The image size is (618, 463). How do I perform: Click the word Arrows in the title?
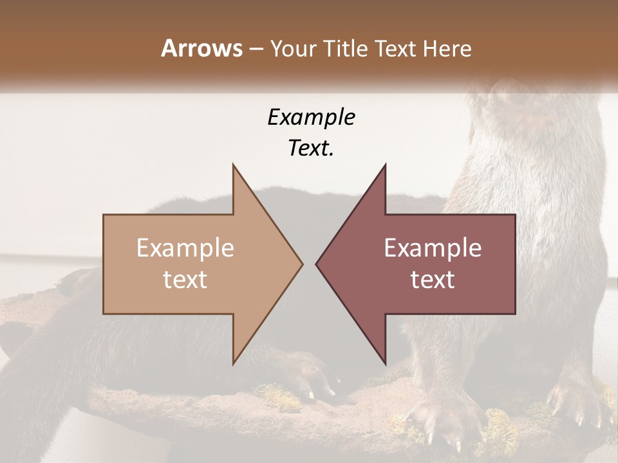[x=202, y=48]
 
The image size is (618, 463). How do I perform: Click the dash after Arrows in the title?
[x=256, y=50]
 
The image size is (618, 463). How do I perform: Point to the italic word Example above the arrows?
[x=311, y=118]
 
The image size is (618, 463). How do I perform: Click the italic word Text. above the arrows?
[x=311, y=149]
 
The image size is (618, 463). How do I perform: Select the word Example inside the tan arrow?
[x=185, y=248]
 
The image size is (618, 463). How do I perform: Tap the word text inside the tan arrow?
[x=185, y=280]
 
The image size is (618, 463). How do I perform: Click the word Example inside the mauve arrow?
[x=433, y=248]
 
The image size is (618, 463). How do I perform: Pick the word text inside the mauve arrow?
[x=433, y=280]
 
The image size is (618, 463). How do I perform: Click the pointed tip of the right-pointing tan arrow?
[x=302, y=264]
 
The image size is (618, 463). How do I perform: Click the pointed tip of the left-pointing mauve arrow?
[x=316, y=264]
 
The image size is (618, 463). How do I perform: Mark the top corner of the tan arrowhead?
[x=234, y=165]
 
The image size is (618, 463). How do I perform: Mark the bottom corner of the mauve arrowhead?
[x=385, y=363]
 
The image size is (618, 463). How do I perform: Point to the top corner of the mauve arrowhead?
[x=385, y=165]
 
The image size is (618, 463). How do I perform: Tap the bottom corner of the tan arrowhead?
[x=234, y=363]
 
